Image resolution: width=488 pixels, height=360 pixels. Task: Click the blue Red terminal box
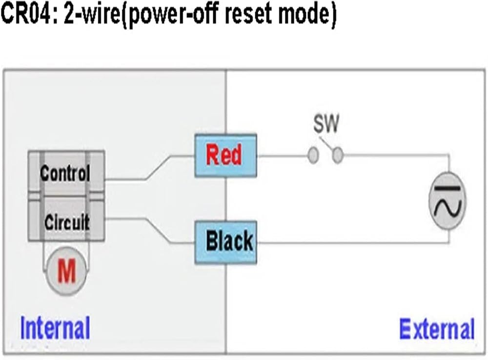225,156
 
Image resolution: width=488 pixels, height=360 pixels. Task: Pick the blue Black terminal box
225,242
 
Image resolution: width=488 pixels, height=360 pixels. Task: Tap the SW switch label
326,123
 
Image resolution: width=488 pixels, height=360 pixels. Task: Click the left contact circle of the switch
313,155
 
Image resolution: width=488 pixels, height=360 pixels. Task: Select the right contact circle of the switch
338,155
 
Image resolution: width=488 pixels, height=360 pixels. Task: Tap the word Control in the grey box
65,173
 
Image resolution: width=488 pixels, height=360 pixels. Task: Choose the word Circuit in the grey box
67,222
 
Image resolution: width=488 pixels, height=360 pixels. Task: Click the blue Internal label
55,328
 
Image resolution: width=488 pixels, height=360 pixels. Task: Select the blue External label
437,329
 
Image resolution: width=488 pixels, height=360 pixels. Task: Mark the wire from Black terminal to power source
353,243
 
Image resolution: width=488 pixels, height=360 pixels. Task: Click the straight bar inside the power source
447,188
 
